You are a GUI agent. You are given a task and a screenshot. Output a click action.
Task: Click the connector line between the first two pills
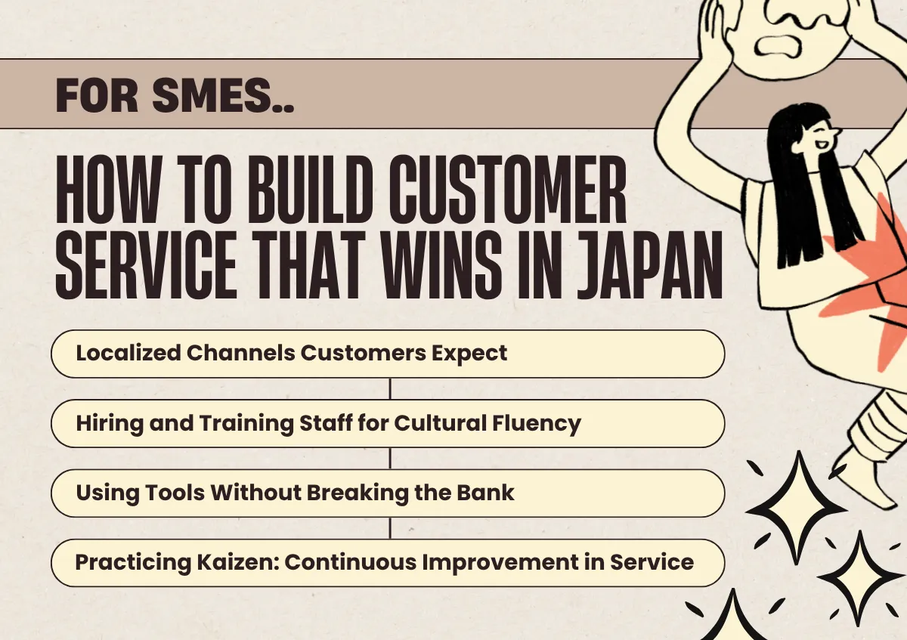pos(389,388)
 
